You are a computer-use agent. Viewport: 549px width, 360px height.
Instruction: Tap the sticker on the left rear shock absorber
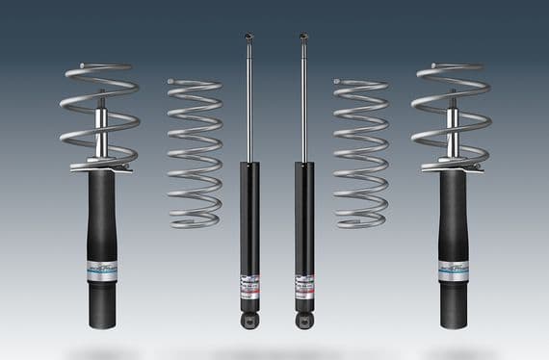[x=249, y=285]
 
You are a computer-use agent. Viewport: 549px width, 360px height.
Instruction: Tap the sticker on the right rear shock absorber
[x=305, y=285]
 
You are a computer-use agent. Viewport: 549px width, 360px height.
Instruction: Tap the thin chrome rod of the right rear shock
[x=304, y=106]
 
